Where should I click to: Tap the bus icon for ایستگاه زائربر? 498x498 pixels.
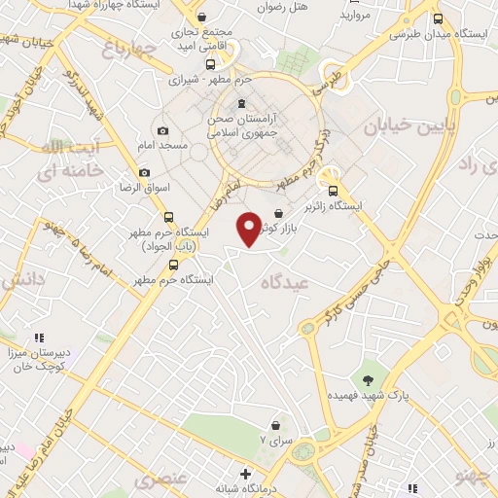point(334,192)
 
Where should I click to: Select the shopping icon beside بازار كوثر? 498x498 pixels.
point(279,213)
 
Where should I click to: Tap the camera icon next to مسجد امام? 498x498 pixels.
point(162,130)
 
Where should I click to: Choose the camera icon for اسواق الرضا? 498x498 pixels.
point(145,172)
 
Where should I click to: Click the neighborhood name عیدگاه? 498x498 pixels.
point(284,281)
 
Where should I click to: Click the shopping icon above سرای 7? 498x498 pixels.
point(276,425)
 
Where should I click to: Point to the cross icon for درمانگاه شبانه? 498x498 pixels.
point(245,475)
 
